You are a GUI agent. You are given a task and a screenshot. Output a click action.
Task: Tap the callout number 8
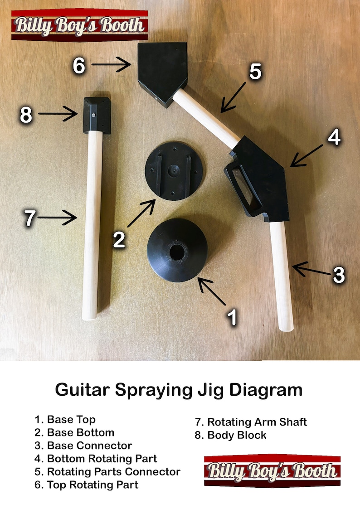(26, 115)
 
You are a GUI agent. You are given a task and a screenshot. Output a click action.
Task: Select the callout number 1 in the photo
(232, 317)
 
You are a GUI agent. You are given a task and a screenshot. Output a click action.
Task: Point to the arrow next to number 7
(57, 218)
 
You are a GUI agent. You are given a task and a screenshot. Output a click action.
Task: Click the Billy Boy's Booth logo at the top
(80, 24)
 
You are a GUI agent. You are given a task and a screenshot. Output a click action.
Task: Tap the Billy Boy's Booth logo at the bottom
(272, 471)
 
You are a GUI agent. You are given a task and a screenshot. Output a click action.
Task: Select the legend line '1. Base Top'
(65, 420)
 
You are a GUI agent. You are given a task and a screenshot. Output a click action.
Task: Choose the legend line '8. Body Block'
(231, 436)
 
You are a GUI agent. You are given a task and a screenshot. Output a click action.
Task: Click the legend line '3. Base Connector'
(83, 446)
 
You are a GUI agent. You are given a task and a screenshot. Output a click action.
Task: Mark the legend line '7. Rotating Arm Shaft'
(251, 422)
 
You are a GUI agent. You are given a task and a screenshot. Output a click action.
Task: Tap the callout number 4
(334, 137)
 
